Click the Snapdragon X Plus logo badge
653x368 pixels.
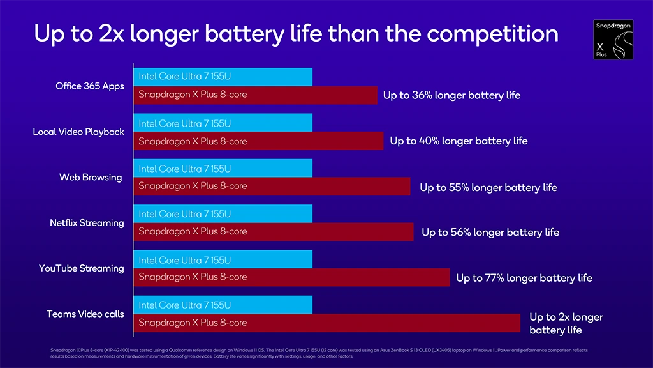point(613,40)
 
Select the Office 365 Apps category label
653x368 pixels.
point(90,86)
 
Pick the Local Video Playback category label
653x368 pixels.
point(78,132)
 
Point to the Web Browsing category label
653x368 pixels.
point(91,177)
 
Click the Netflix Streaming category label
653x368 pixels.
point(87,223)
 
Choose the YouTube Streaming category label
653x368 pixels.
point(81,268)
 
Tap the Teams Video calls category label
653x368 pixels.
point(85,314)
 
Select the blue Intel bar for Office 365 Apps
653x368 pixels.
point(223,77)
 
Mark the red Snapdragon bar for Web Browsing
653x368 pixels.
point(272,186)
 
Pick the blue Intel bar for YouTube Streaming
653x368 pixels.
point(223,259)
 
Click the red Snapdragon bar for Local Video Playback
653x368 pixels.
point(258,141)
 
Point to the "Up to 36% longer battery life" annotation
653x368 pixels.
point(451,95)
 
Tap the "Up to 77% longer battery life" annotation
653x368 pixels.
point(524,278)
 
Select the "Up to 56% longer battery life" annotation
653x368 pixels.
point(490,233)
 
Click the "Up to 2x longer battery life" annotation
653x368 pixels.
point(565,323)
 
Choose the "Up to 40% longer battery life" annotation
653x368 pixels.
point(459,141)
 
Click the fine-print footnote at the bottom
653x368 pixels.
point(319,353)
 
